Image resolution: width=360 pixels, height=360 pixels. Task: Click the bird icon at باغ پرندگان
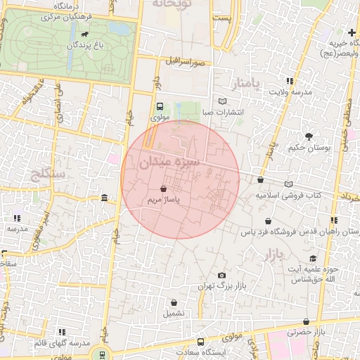click(85, 34)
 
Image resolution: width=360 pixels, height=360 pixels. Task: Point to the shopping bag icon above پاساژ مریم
click(164, 189)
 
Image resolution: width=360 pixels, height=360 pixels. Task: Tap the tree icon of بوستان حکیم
click(308, 136)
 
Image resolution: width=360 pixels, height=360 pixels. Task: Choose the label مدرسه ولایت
click(291, 92)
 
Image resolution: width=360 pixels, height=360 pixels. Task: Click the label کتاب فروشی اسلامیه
click(288, 194)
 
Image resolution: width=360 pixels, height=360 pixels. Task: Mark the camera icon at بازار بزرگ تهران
click(222, 275)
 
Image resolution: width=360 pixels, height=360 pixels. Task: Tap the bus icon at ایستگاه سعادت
click(201, 342)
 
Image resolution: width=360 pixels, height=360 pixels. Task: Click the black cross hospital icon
click(352, 32)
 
